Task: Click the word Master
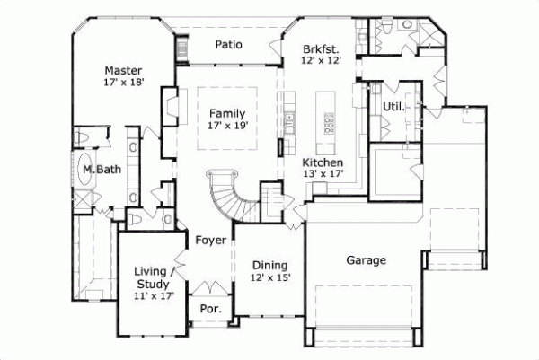[123, 70]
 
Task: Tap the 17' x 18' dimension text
[124, 83]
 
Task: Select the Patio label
[230, 44]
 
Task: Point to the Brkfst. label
[320, 48]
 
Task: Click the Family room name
[226, 113]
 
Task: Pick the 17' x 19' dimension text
[226, 127]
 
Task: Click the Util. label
[393, 107]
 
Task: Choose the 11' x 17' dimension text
[154, 295]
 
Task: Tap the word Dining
[269, 265]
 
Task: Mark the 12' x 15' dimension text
[269, 277]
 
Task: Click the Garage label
[367, 260]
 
